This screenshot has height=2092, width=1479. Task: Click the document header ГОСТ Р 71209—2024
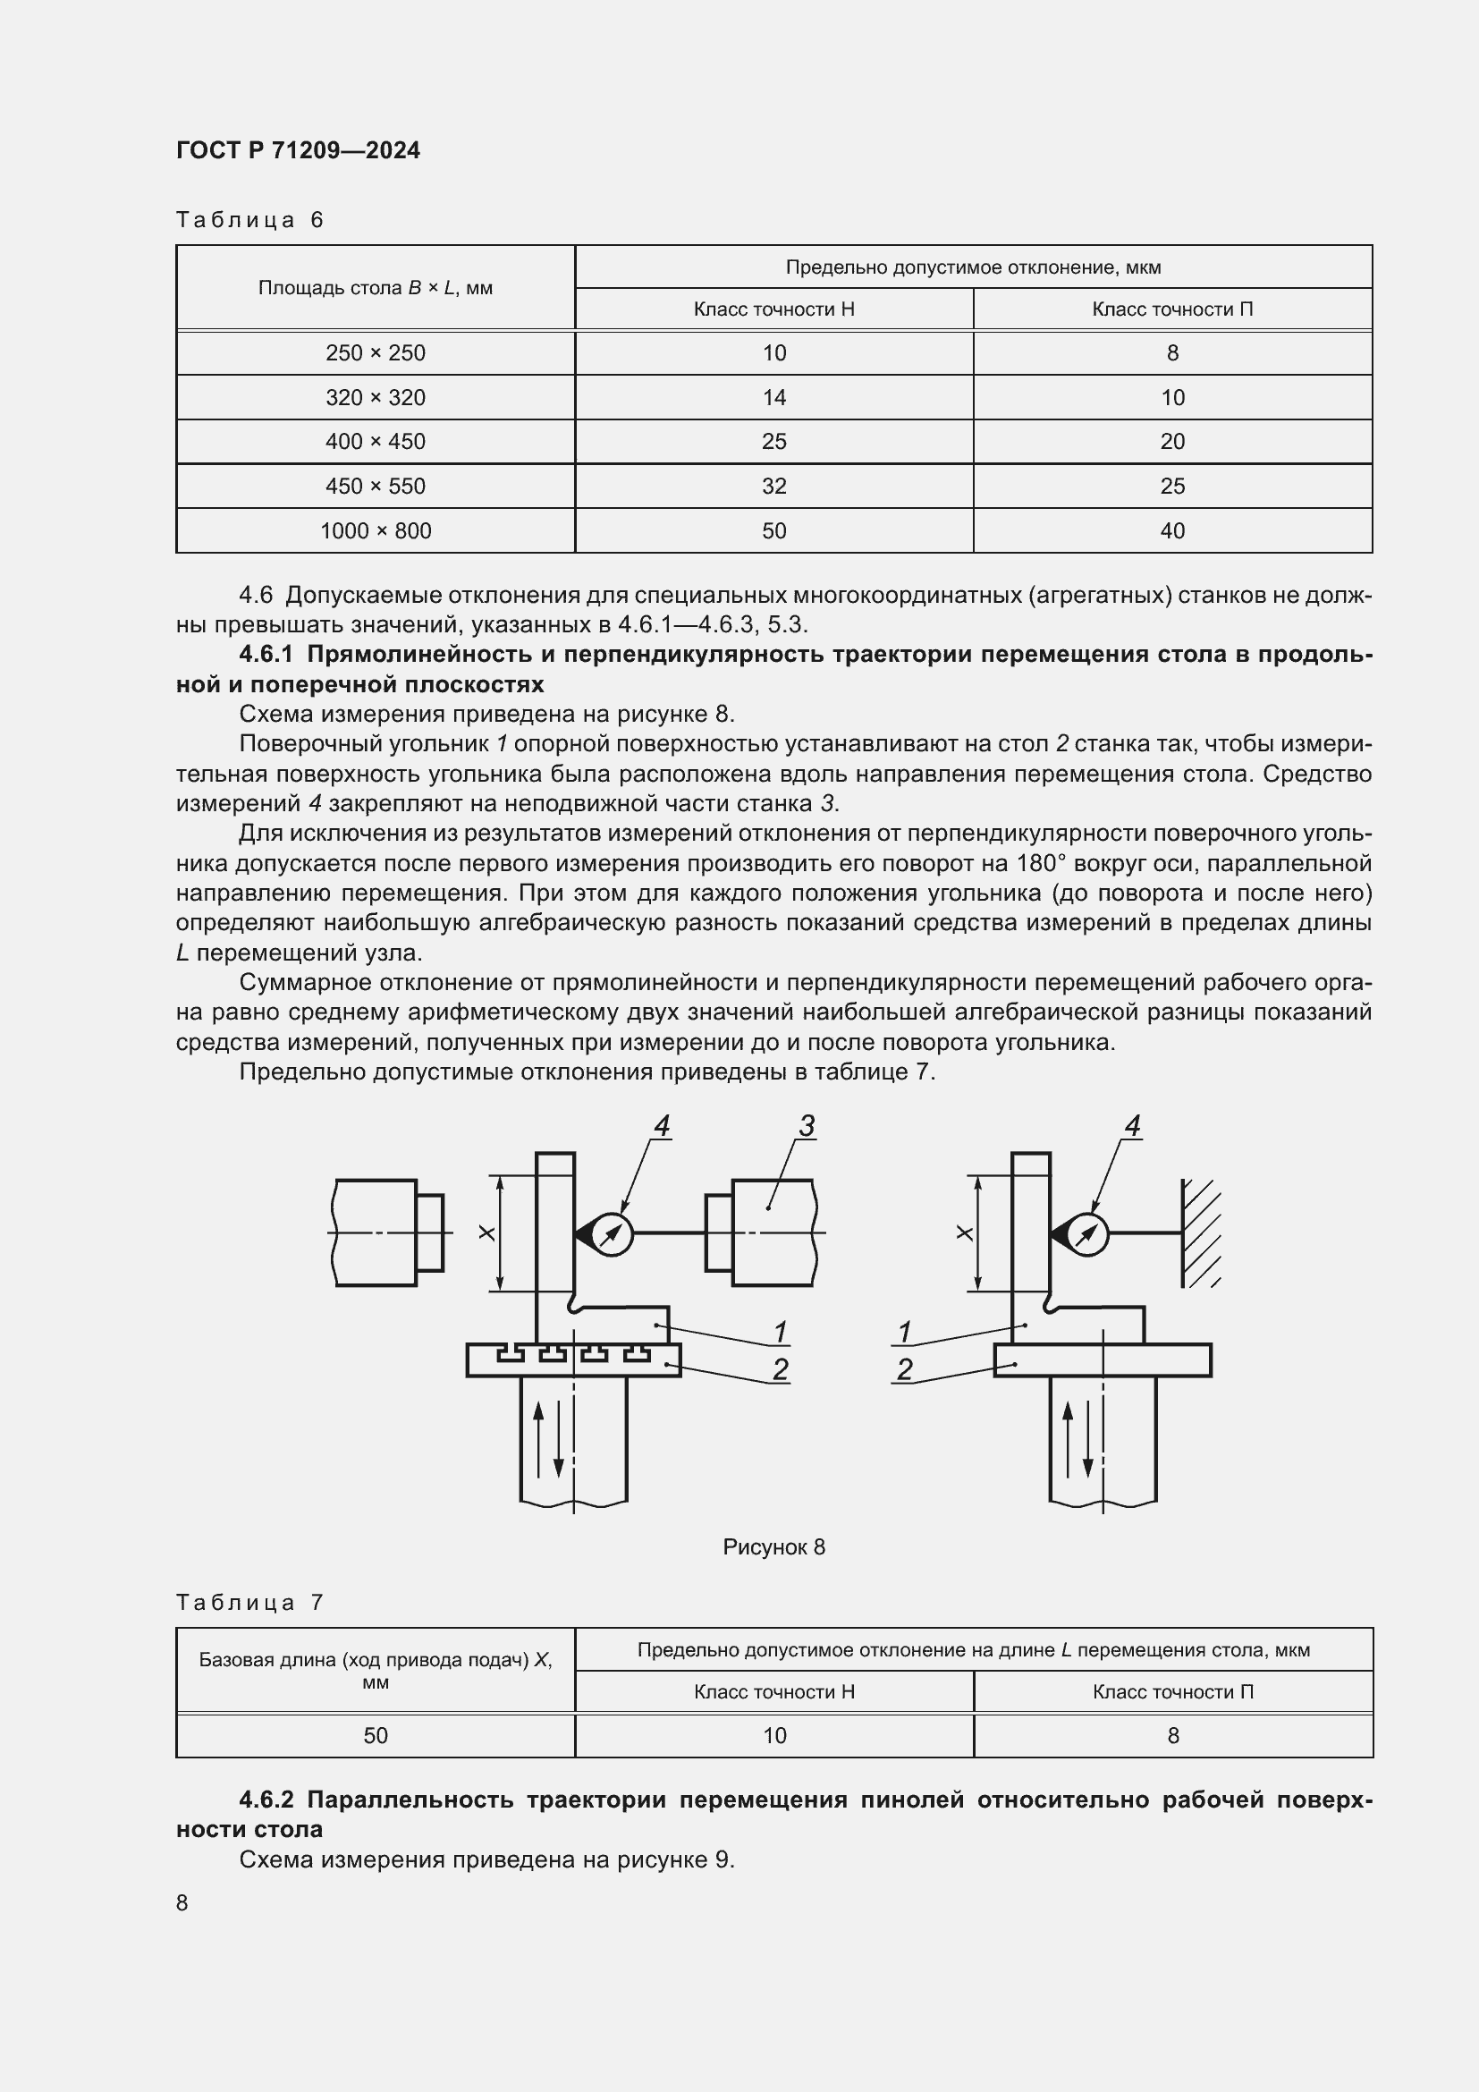tap(298, 150)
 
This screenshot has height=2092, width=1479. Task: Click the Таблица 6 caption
tap(249, 220)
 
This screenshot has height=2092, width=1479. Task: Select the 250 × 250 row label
tap(376, 353)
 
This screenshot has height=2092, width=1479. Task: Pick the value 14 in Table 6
tap(774, 397)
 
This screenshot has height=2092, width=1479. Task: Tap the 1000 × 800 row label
tap(376, 531)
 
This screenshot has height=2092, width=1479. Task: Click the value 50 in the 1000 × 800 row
tap(774, 531)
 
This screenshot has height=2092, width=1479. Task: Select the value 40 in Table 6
tap(1172, 531)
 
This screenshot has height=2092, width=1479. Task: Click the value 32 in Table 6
tap(774, 487)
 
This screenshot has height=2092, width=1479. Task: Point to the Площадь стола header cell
tap(376, 288)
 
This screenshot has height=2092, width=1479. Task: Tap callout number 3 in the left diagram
tap(806, 1127)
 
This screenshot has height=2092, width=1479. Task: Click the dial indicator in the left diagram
tap(611, 1234)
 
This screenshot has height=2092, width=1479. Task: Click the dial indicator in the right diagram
tap(1086, 1234)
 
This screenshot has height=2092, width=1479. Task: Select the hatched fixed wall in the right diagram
tap(1200, 1232)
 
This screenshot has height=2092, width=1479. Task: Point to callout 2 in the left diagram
tap(780, 1369)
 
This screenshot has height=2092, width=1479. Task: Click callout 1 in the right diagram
tap(904, 1332)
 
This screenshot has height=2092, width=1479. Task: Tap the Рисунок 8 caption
tap(773, 1547)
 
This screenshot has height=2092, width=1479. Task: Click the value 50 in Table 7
tap(376, 1736)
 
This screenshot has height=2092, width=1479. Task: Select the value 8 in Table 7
tap(1173, 1736)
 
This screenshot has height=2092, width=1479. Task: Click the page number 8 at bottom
tap(182, 1903)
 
